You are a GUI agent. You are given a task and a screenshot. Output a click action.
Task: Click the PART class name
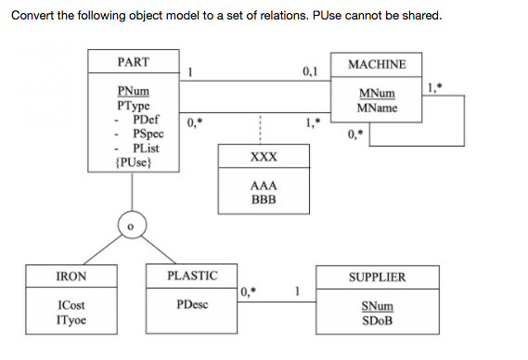coord(134,61)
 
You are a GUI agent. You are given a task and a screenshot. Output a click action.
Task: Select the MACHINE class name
coord(376,64)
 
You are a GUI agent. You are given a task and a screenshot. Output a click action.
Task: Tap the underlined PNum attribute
coord(132,93)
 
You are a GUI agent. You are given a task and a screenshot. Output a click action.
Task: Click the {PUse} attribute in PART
coord(132,162)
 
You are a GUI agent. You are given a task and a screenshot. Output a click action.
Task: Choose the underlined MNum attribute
coord(376,95)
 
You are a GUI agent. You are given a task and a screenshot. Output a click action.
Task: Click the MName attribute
coord(376,109)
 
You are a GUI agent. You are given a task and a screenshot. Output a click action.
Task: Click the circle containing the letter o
coord(133,225)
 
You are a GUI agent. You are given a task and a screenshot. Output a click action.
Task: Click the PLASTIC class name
coord(192,276)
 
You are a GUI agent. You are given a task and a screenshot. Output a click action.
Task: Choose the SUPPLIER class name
coord(376,277)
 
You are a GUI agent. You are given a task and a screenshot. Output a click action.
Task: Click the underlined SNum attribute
coord(376,306)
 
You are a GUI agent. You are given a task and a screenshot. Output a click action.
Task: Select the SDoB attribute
coord(376,320)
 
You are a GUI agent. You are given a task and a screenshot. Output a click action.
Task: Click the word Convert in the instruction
coord(32,14)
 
